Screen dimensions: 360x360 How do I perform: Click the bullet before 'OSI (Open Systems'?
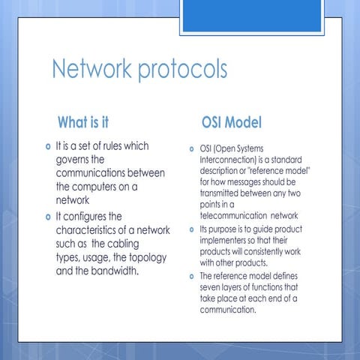pos(192,148)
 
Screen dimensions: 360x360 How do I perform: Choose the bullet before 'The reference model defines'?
pos(192,276)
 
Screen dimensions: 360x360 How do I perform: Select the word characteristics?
pos(91,230)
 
